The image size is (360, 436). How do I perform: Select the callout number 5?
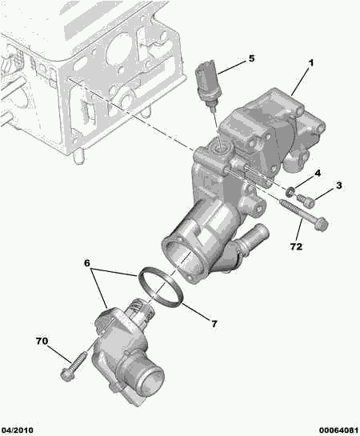point(250,58)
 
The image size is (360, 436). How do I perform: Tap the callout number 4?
point(318,173)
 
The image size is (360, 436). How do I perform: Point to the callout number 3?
point(338,186)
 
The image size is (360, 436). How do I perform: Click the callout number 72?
point(296,246)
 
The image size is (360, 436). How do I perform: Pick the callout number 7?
point(214,323)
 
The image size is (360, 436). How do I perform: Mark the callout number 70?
point(42,342)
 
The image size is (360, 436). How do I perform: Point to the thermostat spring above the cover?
point(138,307)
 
